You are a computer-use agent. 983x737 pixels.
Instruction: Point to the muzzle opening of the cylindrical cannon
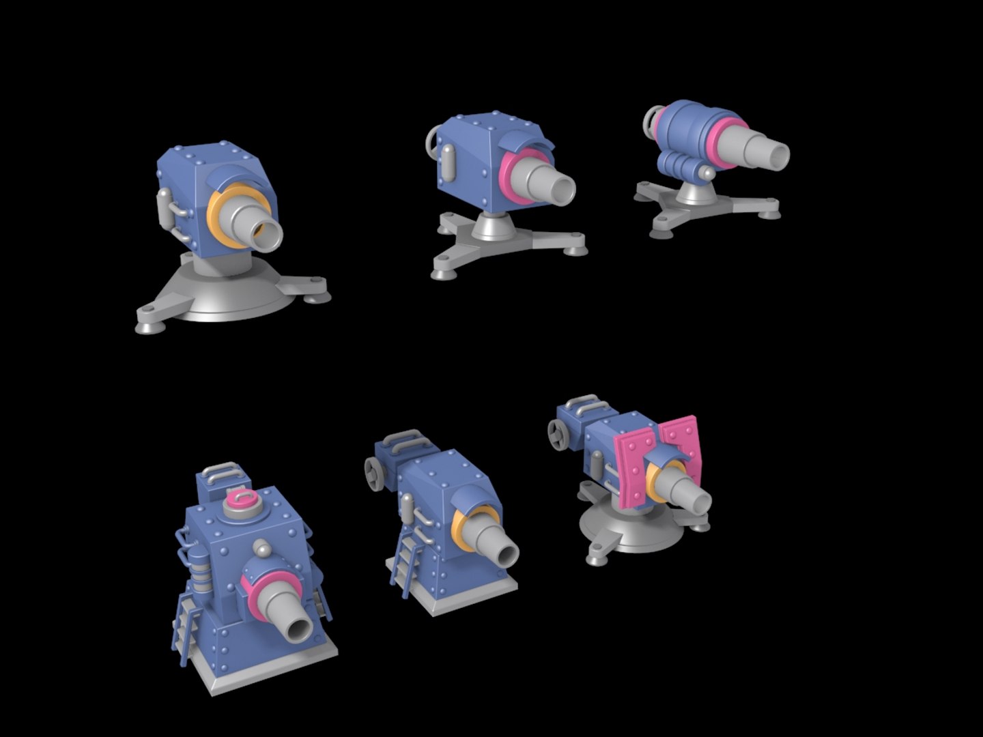coord(778,155)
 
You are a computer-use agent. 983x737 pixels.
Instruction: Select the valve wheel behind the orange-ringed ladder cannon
coord(374,473)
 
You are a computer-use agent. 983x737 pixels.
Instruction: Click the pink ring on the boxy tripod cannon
coord(511,179)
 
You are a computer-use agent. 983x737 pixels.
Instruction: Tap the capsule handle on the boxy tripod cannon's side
coord(449,162)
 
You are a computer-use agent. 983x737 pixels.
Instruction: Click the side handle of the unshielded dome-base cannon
coord(164,209)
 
